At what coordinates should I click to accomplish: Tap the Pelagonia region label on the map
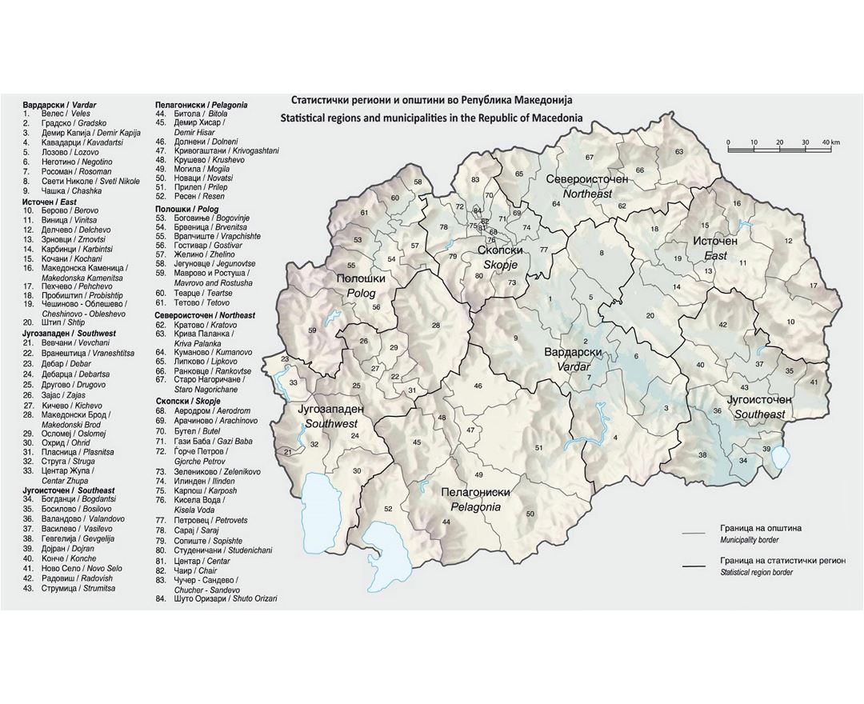[475, 500]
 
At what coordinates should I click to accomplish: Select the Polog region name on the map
[360, 286]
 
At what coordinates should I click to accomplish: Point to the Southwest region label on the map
[330, 415]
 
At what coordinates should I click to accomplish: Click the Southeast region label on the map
[759, 406]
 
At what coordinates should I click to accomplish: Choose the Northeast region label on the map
[586, 186]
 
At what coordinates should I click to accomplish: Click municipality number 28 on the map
[436, 326]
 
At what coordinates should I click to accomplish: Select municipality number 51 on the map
[538, 448]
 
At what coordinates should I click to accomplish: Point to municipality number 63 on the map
[679, 151]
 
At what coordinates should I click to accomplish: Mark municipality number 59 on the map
[312, 330]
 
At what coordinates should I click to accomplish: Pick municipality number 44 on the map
[446, 522]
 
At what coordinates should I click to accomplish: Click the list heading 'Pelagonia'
[201, 105]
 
